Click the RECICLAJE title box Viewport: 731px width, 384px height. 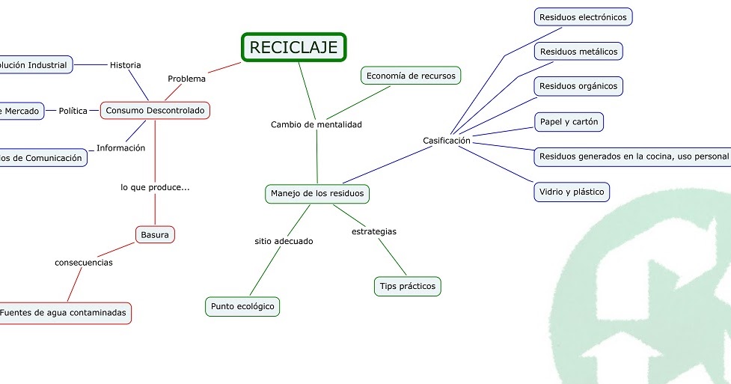pyautogui.click(x=294, y=47)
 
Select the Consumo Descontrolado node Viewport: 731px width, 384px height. pyautogui.click(x=155, y=111)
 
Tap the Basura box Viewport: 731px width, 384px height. pyautogui.click(x=155, y=235)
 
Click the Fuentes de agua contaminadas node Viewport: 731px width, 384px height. pyautogui.click(x=63, y=313)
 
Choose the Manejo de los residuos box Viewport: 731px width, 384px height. pyautogui.click(x=317, y=194)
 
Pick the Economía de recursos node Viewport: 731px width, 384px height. pyautogui.click(x=411, y=76)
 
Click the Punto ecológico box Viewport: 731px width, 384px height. pyautogui.click(x=242, y=306)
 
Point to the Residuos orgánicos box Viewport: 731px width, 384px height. pyautogui.click(x=578, y=86)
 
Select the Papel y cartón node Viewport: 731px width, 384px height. pyautogui.click(x=569, y=121)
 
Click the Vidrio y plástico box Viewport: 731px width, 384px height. pyautogui.click(x=572, y=192)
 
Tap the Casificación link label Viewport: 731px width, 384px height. pyautogui.click(x=446, y=141)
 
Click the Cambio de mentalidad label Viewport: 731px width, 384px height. pyautogui.click(x=316, y=125)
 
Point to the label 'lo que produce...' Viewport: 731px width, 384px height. pyautogui.click(x=155, y=187)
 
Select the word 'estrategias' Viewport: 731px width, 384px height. pyautogui.click(x=373, y=231)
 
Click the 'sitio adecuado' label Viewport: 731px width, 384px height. pyautogui.click(x=284, y=241)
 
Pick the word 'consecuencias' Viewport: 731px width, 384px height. pyautogui.click(x=84, y=263)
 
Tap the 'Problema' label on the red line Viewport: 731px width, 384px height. pyautogui.click(x=186, y=79)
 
